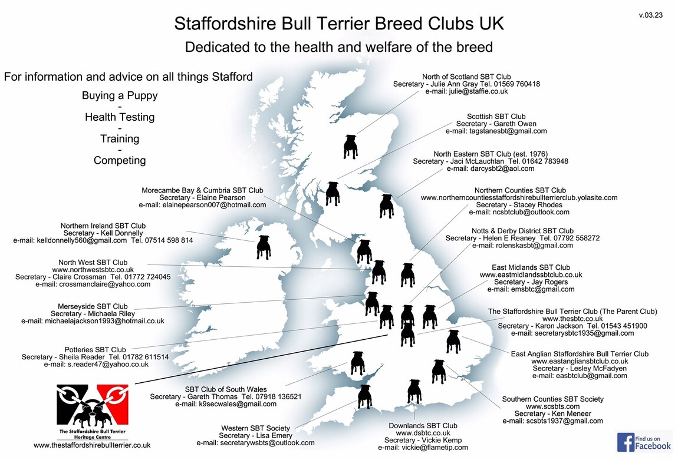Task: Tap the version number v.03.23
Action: (650, 15)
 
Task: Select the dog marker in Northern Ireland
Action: (264, 247)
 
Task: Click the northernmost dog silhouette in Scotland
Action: (350, 147)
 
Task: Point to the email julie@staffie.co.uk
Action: (466, 92)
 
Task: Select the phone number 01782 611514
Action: (147, 357)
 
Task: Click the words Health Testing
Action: (120, 117)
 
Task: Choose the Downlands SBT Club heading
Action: (423, 426)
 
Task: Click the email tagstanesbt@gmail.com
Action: (496, 131)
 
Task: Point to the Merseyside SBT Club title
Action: (93, 306)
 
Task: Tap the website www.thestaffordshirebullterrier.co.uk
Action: (92, 445)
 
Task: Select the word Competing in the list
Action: (120, 160)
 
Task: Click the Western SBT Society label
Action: (255, 428)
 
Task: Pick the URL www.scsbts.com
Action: (552, 406)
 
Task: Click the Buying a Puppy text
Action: (120, 95)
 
